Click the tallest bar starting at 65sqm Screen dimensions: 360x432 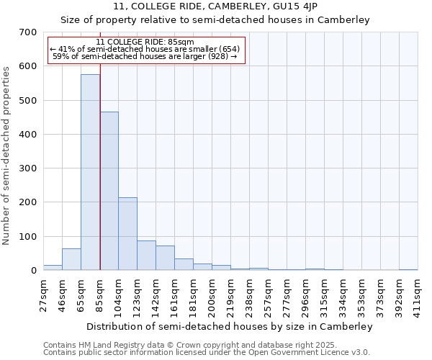coord(90,172)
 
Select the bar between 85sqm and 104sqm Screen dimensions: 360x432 coord(109,191)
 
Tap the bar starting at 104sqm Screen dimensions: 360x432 coord(127,234)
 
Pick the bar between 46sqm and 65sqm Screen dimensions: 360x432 coord(71,259)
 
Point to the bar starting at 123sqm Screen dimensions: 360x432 coord(146,256)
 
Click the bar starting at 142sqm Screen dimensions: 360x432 coord(165,258)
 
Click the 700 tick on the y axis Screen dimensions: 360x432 coord(28,32)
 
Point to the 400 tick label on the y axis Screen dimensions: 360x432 coord(28,135)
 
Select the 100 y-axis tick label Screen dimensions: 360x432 coord(28,237)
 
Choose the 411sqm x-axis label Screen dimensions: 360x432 coord(418,292)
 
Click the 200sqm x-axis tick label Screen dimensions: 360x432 coord(212,292)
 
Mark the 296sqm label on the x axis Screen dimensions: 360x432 coord(305,292)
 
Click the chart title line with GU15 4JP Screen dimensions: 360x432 coord(215,6)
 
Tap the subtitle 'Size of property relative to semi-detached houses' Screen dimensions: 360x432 coord(215,20)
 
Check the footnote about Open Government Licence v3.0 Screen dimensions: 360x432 coord(207,352)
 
